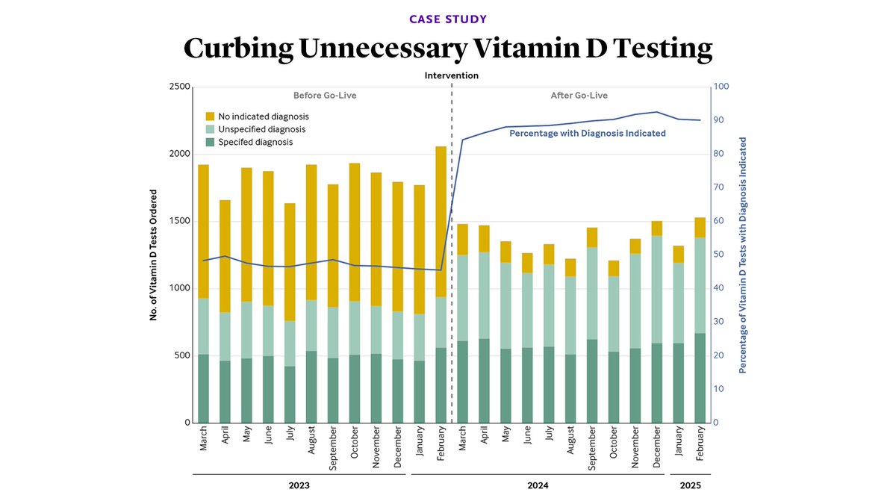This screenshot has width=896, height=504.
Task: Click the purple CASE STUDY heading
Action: click(x=447, y=18)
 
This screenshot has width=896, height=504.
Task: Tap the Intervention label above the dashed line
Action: click(x=451, y=75)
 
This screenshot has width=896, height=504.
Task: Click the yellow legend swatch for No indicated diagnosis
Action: click(x=211, y=116)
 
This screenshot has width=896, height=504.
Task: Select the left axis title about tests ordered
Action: click(x=153, y=255)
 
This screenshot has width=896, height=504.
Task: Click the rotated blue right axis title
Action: click(x=744, y=255)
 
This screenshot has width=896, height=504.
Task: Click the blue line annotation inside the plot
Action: click(x=587, y=134)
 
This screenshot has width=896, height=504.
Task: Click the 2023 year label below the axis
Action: click(x=299, y=485)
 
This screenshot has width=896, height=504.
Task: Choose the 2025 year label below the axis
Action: click(x=690, y=485)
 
